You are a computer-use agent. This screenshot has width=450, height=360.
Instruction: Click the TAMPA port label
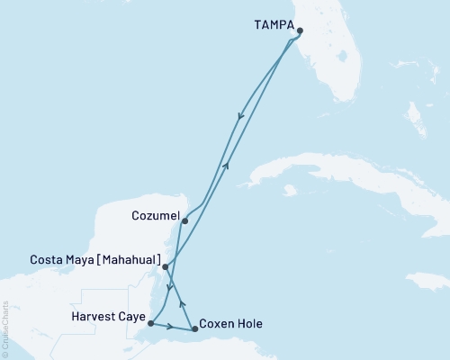coord(266,28)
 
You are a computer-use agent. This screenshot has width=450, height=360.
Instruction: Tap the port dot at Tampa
coord(300,31)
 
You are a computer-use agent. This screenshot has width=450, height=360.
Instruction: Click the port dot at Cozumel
coord(184,220)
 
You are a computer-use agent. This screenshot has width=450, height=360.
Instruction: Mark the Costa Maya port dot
coord(164,266)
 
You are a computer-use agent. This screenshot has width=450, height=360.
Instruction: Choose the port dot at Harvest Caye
coord(150,323)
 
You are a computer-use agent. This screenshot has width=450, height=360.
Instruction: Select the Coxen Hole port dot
coord(195,329)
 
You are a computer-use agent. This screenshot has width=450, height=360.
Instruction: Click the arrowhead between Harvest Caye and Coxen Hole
coord(171,326)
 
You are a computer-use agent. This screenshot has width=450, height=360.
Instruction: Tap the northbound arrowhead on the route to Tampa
coord(227,166)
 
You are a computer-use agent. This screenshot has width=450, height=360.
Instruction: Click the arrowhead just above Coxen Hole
coord(184,303)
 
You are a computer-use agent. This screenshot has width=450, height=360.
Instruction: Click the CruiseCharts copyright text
coord(5,329)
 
